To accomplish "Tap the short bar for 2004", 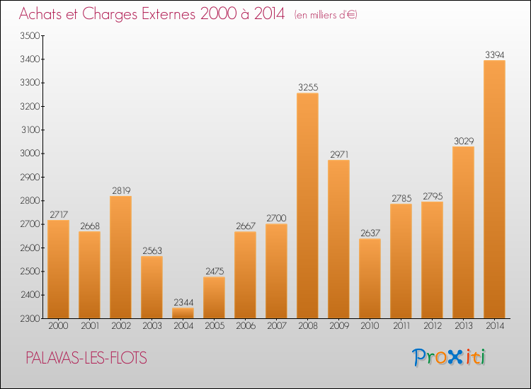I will pyautogui.click(x=183, y=313).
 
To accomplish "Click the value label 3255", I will pyautogui.click(x=307, y=88).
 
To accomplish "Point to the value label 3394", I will pyautogui.click(x=494, y=54).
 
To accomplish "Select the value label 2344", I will pyautogui.click(x=183, y=302).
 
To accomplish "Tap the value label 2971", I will pyautogui.click(x=338, y=154).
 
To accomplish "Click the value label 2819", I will pyautogui.click(x=120, y=190).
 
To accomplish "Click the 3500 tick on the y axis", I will pyautogui.click(x=30, y=35).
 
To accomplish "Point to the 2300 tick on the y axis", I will pyautogui.click(x=30, y=318).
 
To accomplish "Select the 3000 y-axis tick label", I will pyautogui.click(x=30, y=153).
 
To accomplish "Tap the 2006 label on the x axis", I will pyautogui.click(x=245, y=327).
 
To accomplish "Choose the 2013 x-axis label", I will pyautogui.click(x=463, y=327).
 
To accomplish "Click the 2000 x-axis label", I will pyautogui.click(x=58, y=327).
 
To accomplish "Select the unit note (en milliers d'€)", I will pyautogui.click(x=326, y=15).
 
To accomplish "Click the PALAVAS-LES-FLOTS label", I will pyautogui.click(x=86, y=358).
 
